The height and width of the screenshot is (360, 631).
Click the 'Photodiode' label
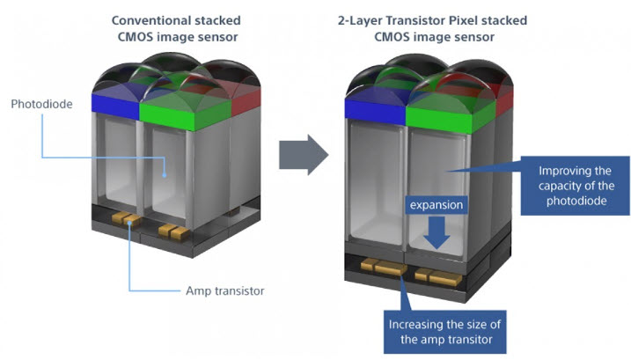click(42, 104)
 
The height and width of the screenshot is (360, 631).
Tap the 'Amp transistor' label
click(225, 290)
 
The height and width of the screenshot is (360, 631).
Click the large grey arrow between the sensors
click(304, 155)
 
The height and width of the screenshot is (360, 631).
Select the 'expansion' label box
click(437, 205)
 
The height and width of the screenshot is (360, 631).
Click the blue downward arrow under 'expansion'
click(437, 232)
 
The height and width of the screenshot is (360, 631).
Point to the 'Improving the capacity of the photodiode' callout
click(575, 186)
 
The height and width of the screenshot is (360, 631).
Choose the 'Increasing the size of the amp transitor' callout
click(444, 332)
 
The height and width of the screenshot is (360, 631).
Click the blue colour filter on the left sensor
click(115, 106)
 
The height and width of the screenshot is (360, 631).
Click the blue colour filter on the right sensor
click(375, 112)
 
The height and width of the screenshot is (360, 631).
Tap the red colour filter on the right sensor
click(504, 103)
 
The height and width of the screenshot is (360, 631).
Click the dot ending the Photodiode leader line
click(165, 175)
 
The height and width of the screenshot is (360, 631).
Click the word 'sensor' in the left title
click(217, 37)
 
